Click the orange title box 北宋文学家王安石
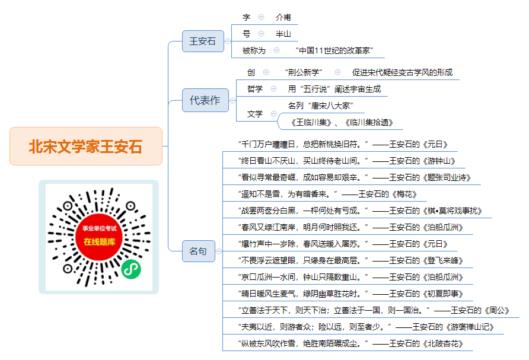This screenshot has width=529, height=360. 85,146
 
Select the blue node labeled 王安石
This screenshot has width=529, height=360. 203,41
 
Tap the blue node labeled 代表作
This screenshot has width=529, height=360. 205,100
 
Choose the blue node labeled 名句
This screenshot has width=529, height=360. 198,251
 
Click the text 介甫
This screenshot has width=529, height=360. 283,17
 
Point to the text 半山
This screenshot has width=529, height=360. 283,34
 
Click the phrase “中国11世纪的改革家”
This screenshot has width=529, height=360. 334,50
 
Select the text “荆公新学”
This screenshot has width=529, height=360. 304,72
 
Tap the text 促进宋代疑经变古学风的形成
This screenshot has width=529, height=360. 402,72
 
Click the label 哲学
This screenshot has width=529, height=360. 255,89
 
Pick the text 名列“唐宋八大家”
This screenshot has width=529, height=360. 320,106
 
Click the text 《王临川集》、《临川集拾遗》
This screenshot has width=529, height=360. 341,122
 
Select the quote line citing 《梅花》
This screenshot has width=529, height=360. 327,194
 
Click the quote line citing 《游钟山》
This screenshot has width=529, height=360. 347,161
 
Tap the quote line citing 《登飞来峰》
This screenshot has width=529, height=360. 350,260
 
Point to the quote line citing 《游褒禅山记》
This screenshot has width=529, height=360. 366,327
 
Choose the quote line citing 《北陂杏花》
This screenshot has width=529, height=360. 350,343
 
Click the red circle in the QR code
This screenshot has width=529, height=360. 99,237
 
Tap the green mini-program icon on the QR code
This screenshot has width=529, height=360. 131,269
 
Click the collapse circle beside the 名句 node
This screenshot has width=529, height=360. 219,251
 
